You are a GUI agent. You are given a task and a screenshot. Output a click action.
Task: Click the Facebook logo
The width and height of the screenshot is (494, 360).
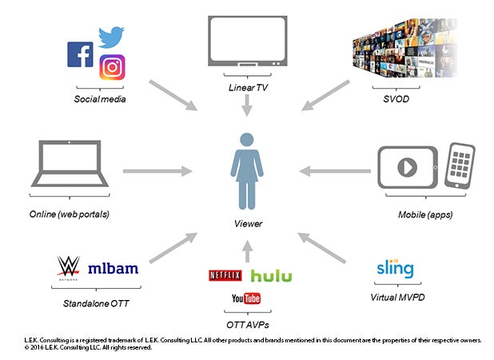point(81,54)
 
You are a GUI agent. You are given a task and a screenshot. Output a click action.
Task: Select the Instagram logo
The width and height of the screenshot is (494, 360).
point(114,68)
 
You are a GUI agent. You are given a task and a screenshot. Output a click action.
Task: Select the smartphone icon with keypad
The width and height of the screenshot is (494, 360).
point(460,165)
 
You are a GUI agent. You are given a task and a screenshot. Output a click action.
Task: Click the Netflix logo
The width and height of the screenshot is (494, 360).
point(225,275)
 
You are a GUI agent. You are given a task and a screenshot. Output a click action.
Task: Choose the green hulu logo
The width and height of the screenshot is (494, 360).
point(271,276)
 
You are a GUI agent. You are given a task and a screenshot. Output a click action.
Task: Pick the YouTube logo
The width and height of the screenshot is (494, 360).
point(245,299)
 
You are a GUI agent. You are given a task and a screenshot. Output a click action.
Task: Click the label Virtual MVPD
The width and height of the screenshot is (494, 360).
point(395,295)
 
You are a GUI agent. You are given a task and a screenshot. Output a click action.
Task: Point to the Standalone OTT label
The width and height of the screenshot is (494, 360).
point(96,303)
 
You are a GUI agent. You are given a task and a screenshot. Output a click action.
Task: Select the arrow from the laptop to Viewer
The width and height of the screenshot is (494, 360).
point(158,170)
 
